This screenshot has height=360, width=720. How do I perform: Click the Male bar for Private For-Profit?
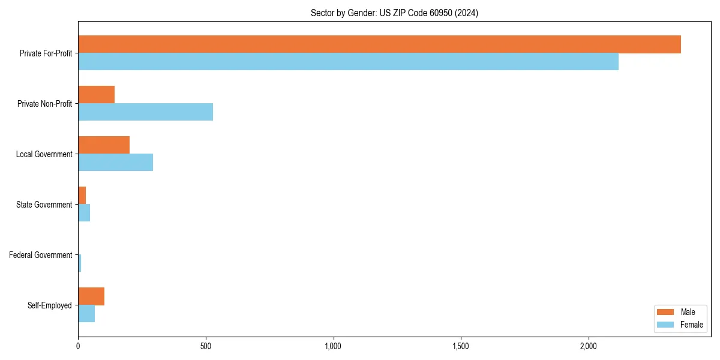pos(379,44)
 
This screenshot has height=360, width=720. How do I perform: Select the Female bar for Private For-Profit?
pos(348,62)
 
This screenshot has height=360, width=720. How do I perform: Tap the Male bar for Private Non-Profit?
pos(96,95)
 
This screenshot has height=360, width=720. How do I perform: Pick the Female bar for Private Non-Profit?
pos(145,112)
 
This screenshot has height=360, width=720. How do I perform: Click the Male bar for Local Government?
pos(104,145)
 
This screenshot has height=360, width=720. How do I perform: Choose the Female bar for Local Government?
pos(115,163)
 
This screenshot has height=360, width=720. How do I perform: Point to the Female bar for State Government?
pos(84,213)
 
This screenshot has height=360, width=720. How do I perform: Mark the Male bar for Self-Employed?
pos(91,296)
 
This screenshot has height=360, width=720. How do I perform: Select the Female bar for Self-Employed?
pos(86,314)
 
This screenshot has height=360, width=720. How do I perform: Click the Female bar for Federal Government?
pos(80,263)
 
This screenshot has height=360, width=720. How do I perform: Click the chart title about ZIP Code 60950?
pos(394,13)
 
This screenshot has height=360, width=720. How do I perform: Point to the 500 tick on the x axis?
pos(206,346)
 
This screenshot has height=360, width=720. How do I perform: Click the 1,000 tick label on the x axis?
pos(333,346)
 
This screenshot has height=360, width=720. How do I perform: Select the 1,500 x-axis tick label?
pos(461,346)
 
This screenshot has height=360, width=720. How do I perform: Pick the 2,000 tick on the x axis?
pos(589,346)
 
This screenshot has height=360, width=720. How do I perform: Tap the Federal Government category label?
pos(40,255)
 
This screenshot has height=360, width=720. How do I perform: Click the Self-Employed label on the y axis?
pos(49,305)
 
